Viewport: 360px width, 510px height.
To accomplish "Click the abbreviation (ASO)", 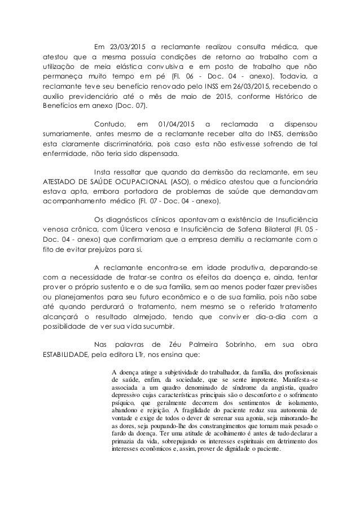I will click(179, 182).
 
